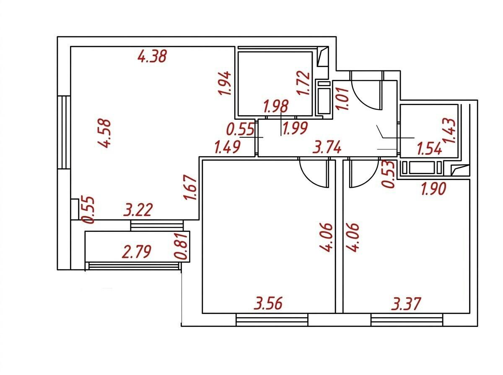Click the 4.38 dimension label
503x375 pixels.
tap(152, 56)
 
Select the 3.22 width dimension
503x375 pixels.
tap(138, 210)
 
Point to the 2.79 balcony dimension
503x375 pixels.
tap(137, 252)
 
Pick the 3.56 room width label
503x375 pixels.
tap(268, 303)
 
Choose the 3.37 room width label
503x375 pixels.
tap(406, 303)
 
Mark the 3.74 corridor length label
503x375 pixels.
tap(327, 147)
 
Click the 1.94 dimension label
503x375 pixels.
tap(224, 83)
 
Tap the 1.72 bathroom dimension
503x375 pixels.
tap(303, 83)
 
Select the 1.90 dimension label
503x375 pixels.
tap(433, 189)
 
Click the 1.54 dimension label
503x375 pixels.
tap(429, 149)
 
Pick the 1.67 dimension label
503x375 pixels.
tap(190, 187)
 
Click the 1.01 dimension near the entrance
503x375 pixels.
tap(342, 99)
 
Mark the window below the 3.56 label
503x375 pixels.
tap(272, 320)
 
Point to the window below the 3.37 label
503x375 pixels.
tap(407, 320)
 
